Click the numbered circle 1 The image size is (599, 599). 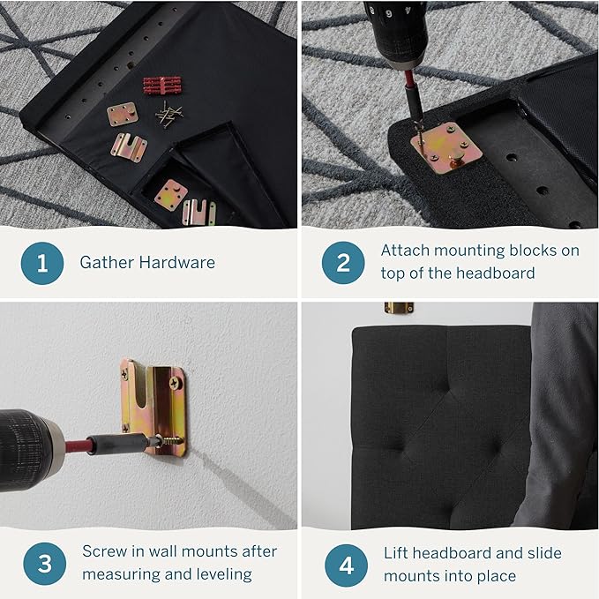click(x=42, y=263)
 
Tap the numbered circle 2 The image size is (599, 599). click(x=343, y=263)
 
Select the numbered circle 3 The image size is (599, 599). click(x=44, y=564)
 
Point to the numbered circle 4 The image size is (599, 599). click(x=346, y=565)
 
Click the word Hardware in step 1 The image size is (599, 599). click(x=176, y=262)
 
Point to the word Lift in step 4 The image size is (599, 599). click(x=396, y=553)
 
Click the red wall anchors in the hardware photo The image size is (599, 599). click(x=162, y=86)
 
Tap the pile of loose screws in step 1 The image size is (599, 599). click(x=168, y=115)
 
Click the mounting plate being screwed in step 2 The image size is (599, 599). click(x=446, y=148)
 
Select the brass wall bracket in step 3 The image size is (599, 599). click(x=154, y=406)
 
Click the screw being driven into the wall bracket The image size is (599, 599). click(x=170, y=442)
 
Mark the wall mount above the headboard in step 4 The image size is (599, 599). click(x=399, y=308)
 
